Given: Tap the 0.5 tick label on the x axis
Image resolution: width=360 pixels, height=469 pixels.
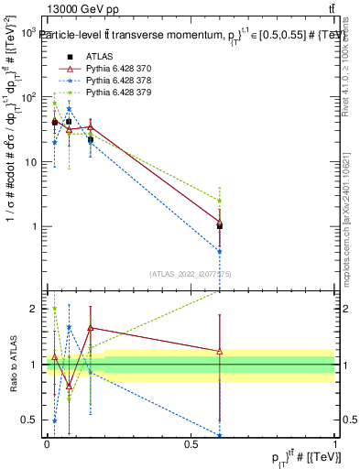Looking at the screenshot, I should [191, 445].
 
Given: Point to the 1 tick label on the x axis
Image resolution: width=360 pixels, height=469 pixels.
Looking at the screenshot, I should [335, 445].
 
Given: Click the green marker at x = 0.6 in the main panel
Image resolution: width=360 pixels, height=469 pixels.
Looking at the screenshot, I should [220, 201].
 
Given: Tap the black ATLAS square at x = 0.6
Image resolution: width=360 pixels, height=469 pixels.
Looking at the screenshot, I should [220, 225].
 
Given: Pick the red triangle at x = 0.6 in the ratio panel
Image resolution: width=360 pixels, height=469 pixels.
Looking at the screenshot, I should [220, 351].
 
